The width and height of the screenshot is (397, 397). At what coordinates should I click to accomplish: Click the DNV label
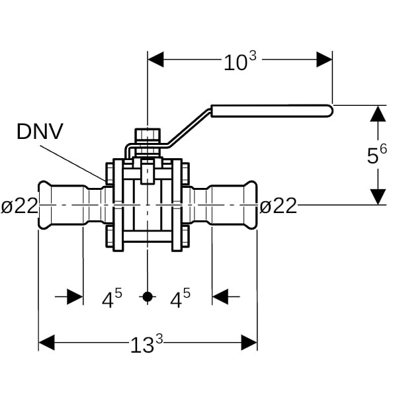click(40, 131)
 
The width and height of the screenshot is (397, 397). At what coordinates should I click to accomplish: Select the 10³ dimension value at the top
click(240, 62)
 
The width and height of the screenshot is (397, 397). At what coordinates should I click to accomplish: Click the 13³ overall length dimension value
click(147, 343)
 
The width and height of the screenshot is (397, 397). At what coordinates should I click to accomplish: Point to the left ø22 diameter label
click(19, 206)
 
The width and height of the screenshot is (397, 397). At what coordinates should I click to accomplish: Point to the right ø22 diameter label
click(278, 206)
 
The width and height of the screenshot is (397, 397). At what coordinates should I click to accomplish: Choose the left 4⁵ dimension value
click(112, 299)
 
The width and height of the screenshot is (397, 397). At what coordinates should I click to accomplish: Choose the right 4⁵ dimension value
click(180, 299)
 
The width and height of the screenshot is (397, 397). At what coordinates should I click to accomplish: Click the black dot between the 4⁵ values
click(148, 297)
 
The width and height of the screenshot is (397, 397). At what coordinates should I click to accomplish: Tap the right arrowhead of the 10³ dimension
click(324, 60)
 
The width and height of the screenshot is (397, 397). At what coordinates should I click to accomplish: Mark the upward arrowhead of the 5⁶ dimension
click(377, 113)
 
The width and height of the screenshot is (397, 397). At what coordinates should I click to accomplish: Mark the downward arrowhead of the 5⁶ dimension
click(377, 197)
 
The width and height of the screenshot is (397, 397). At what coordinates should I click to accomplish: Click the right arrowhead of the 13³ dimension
click(249, 342)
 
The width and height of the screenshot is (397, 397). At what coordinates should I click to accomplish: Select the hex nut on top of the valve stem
click(147, 136)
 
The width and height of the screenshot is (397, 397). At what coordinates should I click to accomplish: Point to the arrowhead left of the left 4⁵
click(75, 296)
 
